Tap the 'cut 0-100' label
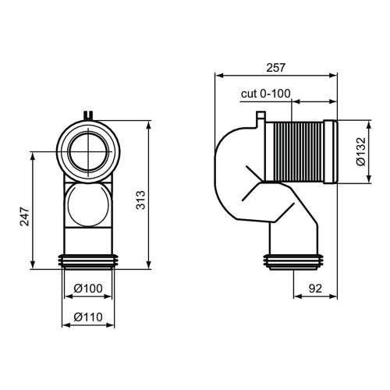(x=265, y=94)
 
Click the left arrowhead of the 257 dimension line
(x=218, y=76)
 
